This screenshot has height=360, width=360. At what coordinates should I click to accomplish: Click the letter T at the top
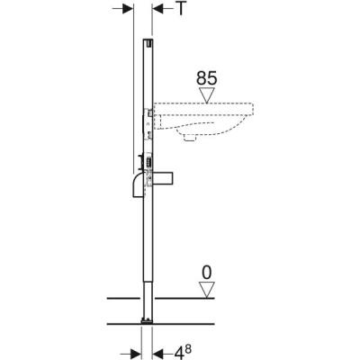click(x=184, y=11)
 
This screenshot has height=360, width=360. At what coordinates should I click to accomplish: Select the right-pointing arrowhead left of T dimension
click(x=126, y=11)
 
